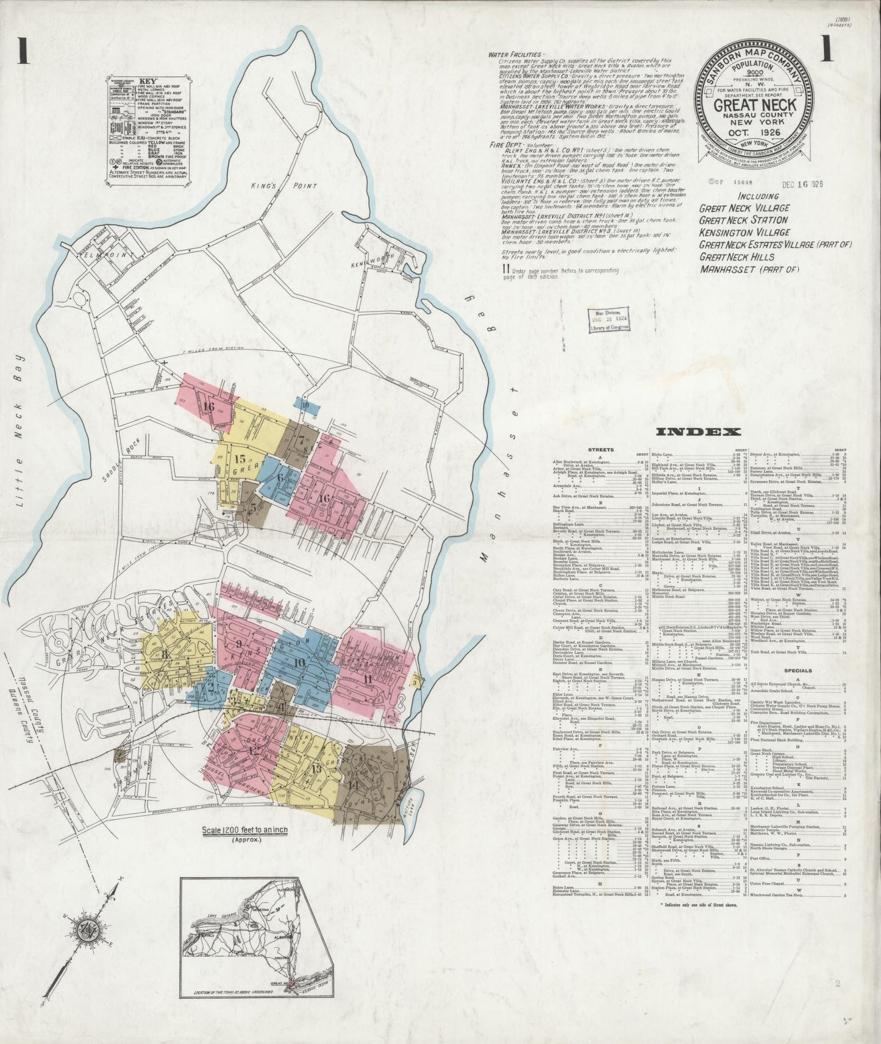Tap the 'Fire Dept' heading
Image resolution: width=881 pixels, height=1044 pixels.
click(x=507, y=146)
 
